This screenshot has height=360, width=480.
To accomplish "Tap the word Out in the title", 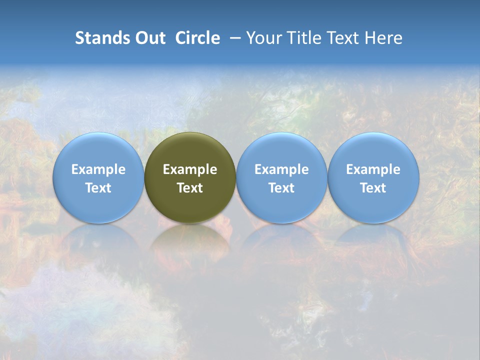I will point(149,38).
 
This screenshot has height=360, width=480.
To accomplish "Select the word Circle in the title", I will point(197,38).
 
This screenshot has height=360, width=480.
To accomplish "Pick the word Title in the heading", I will point(304,38).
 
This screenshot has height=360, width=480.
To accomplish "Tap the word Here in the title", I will point(383,38).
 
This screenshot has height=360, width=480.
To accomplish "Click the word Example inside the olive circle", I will point(190,169).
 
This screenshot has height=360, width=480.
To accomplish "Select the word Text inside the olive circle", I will point(190,188).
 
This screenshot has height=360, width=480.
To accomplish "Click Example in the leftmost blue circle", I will point(98,169).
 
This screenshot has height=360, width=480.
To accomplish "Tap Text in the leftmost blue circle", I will point(98,188).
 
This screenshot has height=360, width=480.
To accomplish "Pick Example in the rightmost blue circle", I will point(373,169).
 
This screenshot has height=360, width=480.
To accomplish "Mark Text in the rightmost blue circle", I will point(373,188).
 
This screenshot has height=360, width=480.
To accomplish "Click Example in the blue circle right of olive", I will point(281,169).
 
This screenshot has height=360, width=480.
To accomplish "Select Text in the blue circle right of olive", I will point(281,188).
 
